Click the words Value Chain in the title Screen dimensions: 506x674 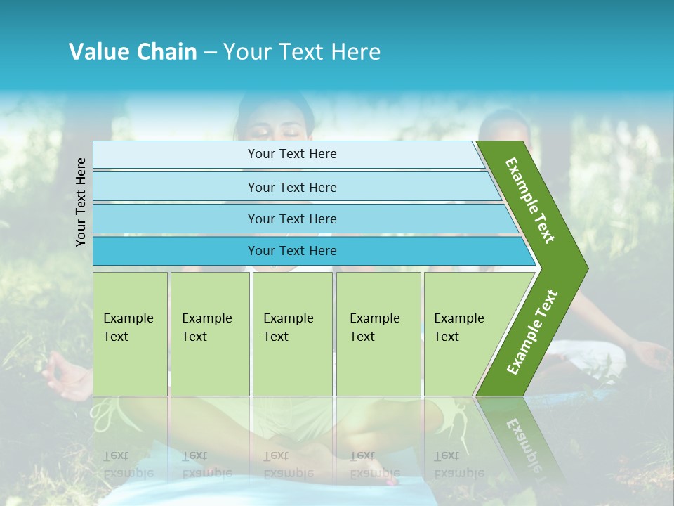pos(133,51)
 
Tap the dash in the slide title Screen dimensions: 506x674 pos(210,52)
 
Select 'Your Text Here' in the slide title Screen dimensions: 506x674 pos(302,51)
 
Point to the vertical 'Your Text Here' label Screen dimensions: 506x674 pos(81,202)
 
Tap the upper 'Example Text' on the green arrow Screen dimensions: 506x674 pos(531,200)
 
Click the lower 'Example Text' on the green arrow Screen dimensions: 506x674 pos(532,332)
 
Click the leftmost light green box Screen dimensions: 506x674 pos(130,334)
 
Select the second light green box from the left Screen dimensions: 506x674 pos(210,334)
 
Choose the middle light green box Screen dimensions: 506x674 pos(292,334)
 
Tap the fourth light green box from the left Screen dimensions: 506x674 pos(378,334)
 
